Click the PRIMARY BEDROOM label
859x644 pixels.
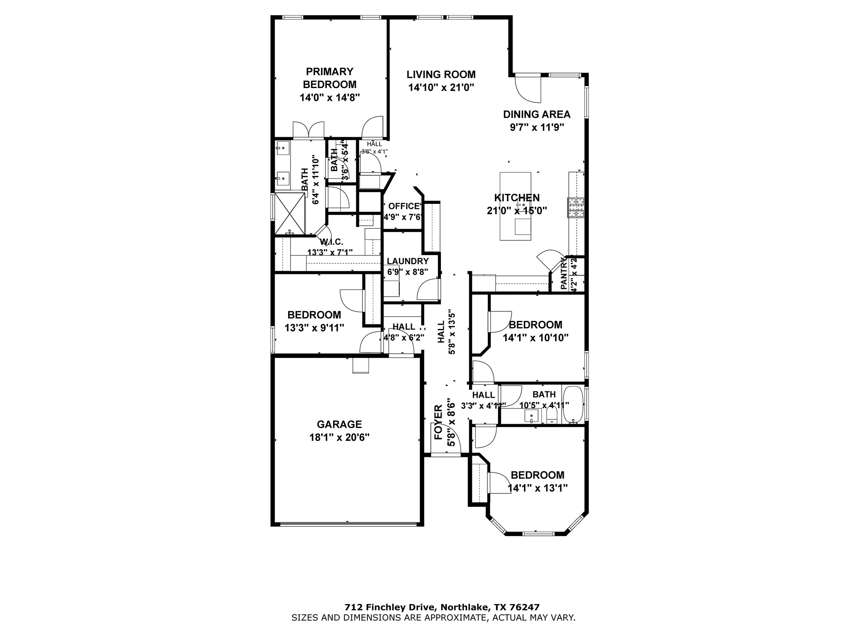(330, 78)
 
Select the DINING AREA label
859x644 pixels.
(536, 114)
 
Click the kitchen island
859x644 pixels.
(515, 206)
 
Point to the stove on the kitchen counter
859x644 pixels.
(576, 207)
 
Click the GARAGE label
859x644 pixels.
(339, 424)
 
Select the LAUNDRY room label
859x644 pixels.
(407, 261)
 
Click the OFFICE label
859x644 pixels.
(403, 206)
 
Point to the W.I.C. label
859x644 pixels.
(331, 242)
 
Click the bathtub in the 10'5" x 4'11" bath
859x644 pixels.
(573, 404)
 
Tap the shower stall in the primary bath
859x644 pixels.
(289, 213)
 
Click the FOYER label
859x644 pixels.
(438, 428)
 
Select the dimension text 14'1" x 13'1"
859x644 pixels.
(537, 488)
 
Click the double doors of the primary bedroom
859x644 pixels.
(308, 130)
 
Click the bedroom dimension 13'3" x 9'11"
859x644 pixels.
(314, 328)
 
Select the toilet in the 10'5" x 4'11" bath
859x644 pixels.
(551, 417)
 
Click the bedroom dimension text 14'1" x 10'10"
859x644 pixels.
(535, 338)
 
